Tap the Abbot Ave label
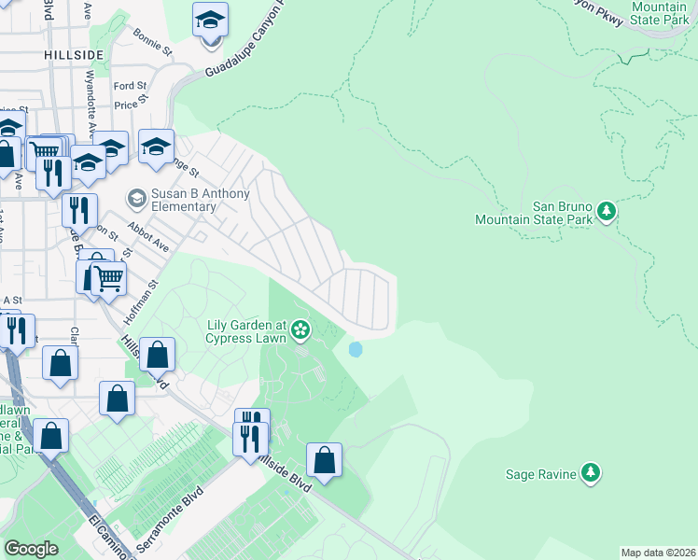tap(151, 240)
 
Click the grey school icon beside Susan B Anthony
tap(136, 198)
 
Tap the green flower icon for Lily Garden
tap(300, 328)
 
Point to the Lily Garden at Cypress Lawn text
tap(245, 330)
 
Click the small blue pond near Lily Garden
tap(356, 350)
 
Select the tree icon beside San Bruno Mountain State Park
tap(607, 212)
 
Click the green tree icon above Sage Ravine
tap(590, 473)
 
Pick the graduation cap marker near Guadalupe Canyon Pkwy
tap(210, 20)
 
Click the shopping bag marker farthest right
tap(324, 460)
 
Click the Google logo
tap(31, 549)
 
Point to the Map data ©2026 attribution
tap(658, 552)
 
